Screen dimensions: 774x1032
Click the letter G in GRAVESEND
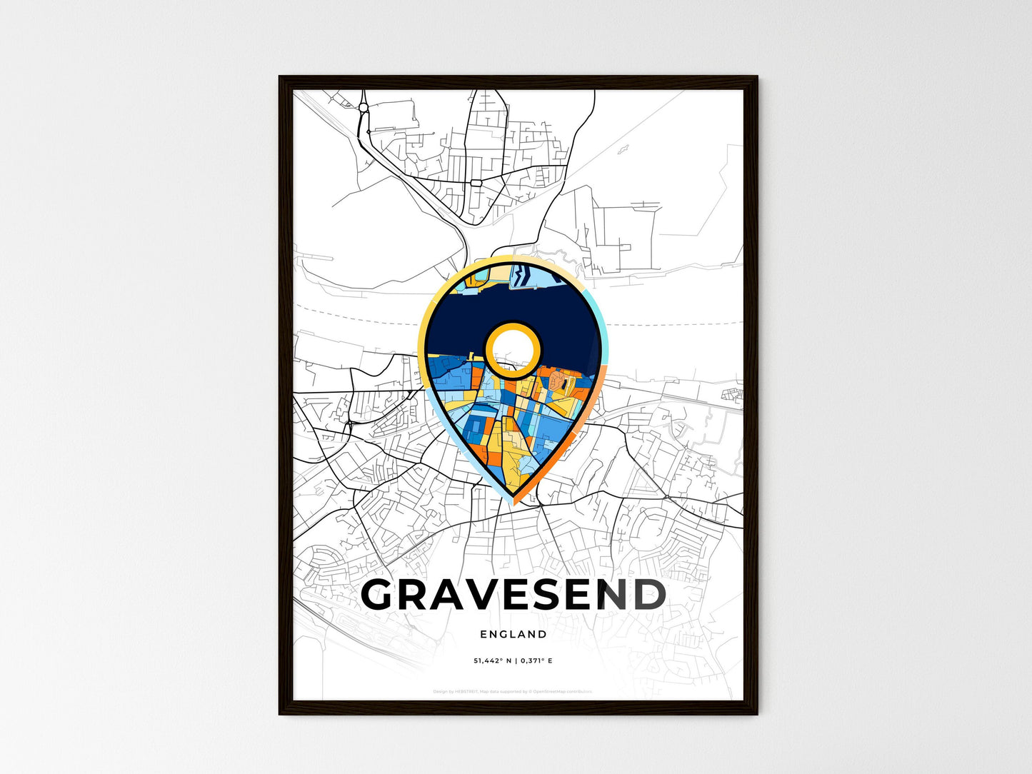[x=386, y=595]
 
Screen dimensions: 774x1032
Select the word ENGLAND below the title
[x=514, y=634]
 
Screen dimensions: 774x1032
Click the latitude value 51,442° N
[x=493, y=660]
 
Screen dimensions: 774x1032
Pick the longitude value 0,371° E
[x=536, y=660]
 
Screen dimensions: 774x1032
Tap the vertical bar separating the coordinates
[x=516, y=660]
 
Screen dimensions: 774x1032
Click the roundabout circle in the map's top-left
[x=364, y=108]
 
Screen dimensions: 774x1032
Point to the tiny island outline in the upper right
[x=622, y=150]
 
